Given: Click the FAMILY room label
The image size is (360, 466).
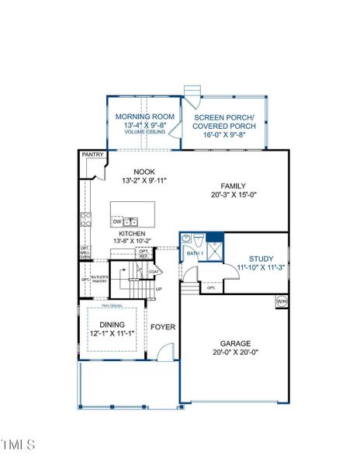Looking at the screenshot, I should coord(233,186).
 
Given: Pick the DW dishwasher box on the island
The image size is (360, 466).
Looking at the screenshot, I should coord(117,221).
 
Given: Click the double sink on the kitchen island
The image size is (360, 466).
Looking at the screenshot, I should coord(133,221).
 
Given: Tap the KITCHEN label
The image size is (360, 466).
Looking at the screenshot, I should coord(132,233).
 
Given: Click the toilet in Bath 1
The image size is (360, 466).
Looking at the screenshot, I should coord(197,240).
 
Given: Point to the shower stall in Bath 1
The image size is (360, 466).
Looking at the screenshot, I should coord(214,249).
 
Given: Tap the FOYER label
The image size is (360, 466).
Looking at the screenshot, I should coord(162,327).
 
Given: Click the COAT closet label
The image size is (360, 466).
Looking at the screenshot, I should coord(155,271).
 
